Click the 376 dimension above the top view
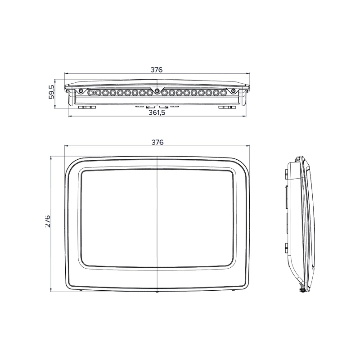click(x=156, y=70)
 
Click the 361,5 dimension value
click(x=157, y=112)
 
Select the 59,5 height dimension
click(x=52, y=92)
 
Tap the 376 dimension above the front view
click(x=157, y=142)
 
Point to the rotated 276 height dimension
click(x=48, y=221)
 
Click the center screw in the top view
click(x=157, y=90)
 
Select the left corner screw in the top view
click(x=81, y=91)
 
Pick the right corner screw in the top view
click(x=234, y=91)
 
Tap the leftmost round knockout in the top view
click(x=91, y=93)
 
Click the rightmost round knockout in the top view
click(x=223, y=93)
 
